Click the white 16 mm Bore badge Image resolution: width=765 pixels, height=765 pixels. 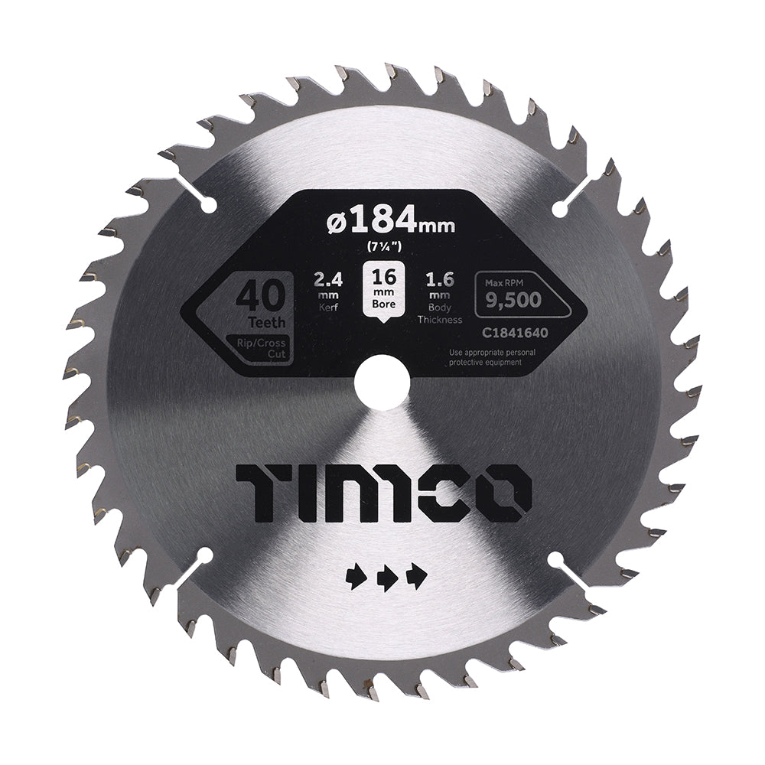click(382, 289)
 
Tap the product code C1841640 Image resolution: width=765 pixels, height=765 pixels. click(495, 335)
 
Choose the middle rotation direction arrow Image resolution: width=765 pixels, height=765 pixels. click(386, 575)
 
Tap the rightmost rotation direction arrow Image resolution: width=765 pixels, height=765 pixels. click(418, 575)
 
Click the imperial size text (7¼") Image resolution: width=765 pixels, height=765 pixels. click(382, 246)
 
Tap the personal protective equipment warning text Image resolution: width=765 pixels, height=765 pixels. click(486, 357)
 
